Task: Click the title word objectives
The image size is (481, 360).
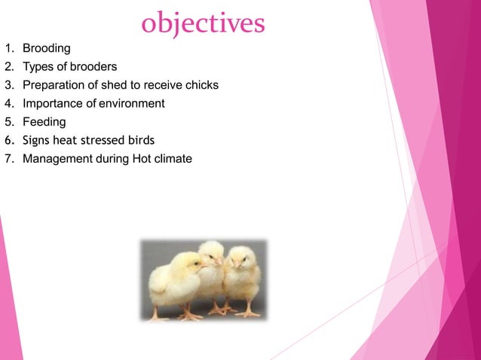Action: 203,23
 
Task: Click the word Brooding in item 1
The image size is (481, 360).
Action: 46,49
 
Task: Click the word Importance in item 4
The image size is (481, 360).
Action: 51,103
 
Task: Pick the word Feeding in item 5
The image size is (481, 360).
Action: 44,121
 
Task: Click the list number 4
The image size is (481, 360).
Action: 8,103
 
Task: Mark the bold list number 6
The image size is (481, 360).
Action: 8,140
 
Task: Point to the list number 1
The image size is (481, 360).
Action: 8,49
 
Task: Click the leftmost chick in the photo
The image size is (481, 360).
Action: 176,282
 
